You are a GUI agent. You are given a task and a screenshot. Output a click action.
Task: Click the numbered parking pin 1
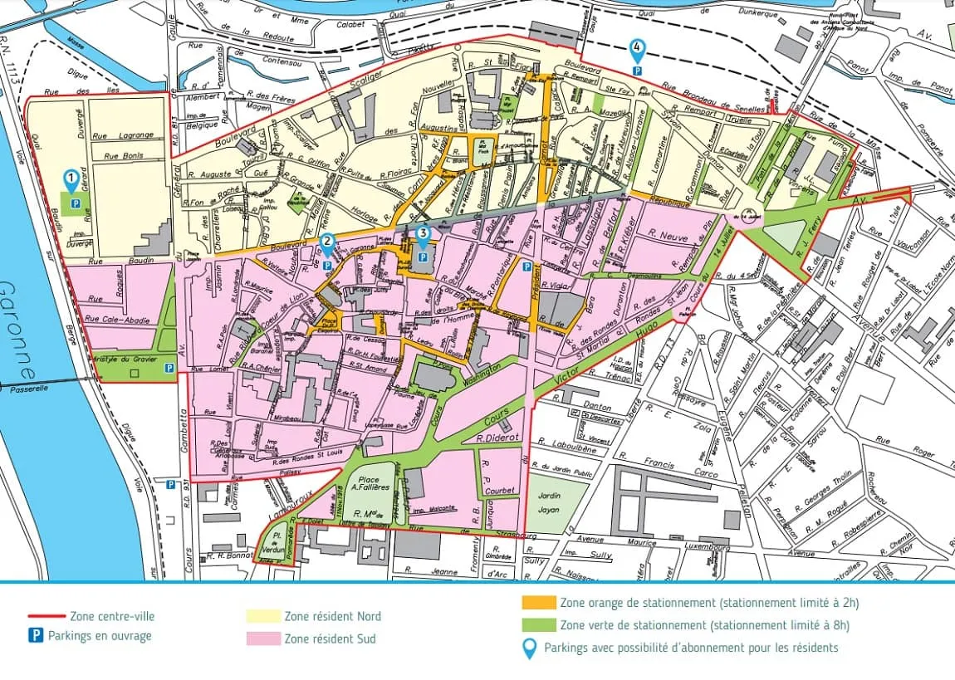point(73,178)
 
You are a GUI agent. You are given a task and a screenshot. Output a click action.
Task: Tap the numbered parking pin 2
point(328,243)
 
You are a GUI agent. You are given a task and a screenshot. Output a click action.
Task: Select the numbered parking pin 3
point(423,235)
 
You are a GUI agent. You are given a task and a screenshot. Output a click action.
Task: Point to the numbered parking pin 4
point(637,49)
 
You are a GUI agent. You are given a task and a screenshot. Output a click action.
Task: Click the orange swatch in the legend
point(539,603)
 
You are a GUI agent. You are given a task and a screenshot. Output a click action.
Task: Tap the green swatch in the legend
point(539,625)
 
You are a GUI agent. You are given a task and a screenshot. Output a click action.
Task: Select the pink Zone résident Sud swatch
point(262,638)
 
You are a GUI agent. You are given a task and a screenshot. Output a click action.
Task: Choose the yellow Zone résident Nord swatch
point(262,616)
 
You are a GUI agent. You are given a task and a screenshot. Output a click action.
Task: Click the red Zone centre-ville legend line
point(47,616)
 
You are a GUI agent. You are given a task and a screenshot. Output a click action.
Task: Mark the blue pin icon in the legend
point(528,648)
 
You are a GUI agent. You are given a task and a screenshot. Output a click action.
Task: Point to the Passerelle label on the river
point(31,388)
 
